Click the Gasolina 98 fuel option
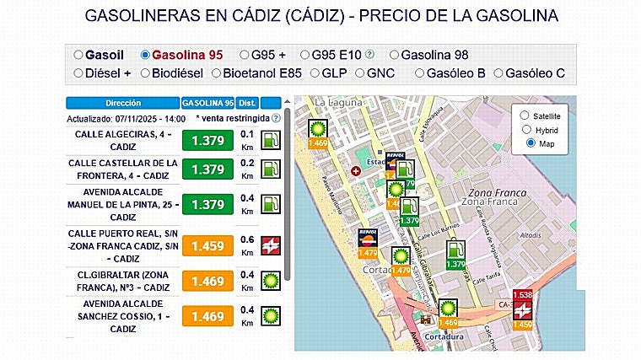pos(395,55)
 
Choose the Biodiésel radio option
pos(146,73)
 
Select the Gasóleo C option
pos(499,73)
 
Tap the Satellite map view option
pos(525,116)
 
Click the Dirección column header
pos(122,103)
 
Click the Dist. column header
pos(247,103)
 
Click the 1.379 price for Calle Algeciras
pos(207,140)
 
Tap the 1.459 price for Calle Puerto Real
pos(207,246)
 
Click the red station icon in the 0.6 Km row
pos(272,245)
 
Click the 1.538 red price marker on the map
pos(523,295)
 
